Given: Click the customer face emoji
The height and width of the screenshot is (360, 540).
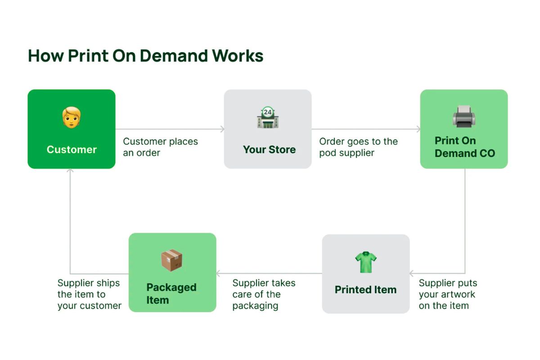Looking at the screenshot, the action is tap(72, 117).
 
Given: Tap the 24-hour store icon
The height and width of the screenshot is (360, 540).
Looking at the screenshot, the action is tap(268, 117).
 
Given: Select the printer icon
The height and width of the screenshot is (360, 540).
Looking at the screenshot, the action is tap(464, 116).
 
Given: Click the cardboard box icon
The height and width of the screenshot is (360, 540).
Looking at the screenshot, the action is tap(171, 261).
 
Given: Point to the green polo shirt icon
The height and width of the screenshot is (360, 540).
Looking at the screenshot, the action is tap(366, 262).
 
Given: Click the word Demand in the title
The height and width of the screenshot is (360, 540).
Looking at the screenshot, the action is tap(174, 56).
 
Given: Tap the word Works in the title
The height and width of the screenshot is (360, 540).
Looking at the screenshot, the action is tap(238, 56).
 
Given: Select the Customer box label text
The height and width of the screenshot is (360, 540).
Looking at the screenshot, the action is tap(72, 149).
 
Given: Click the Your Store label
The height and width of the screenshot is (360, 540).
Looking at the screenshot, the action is tap(269, 149).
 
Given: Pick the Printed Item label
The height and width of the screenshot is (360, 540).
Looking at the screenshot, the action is tap(366, 290).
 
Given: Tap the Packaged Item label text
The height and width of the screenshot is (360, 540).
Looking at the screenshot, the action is tap(171, 294).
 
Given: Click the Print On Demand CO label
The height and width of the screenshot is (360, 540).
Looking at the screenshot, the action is tap(465, 147).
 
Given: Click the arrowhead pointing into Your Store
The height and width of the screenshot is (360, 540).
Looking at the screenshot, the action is tap(222, 129).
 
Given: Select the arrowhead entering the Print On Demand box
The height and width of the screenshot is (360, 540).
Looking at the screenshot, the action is tap(418, 129).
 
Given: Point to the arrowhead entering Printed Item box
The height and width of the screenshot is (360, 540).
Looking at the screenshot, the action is tap(411, 274).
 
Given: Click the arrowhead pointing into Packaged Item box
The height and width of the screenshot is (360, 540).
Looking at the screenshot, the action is tap(218, 274).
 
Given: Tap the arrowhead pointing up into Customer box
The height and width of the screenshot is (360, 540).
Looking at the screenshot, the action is tap(70, 171).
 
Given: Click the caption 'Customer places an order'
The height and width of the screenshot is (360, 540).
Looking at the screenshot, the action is tap(160, 147).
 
